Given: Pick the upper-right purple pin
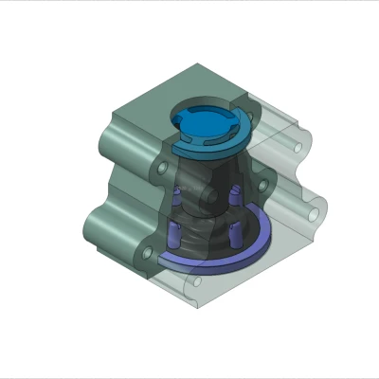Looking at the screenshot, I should coord(231,199).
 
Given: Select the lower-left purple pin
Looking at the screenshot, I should coord(173,233).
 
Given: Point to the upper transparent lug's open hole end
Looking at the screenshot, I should coord(302,146).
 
